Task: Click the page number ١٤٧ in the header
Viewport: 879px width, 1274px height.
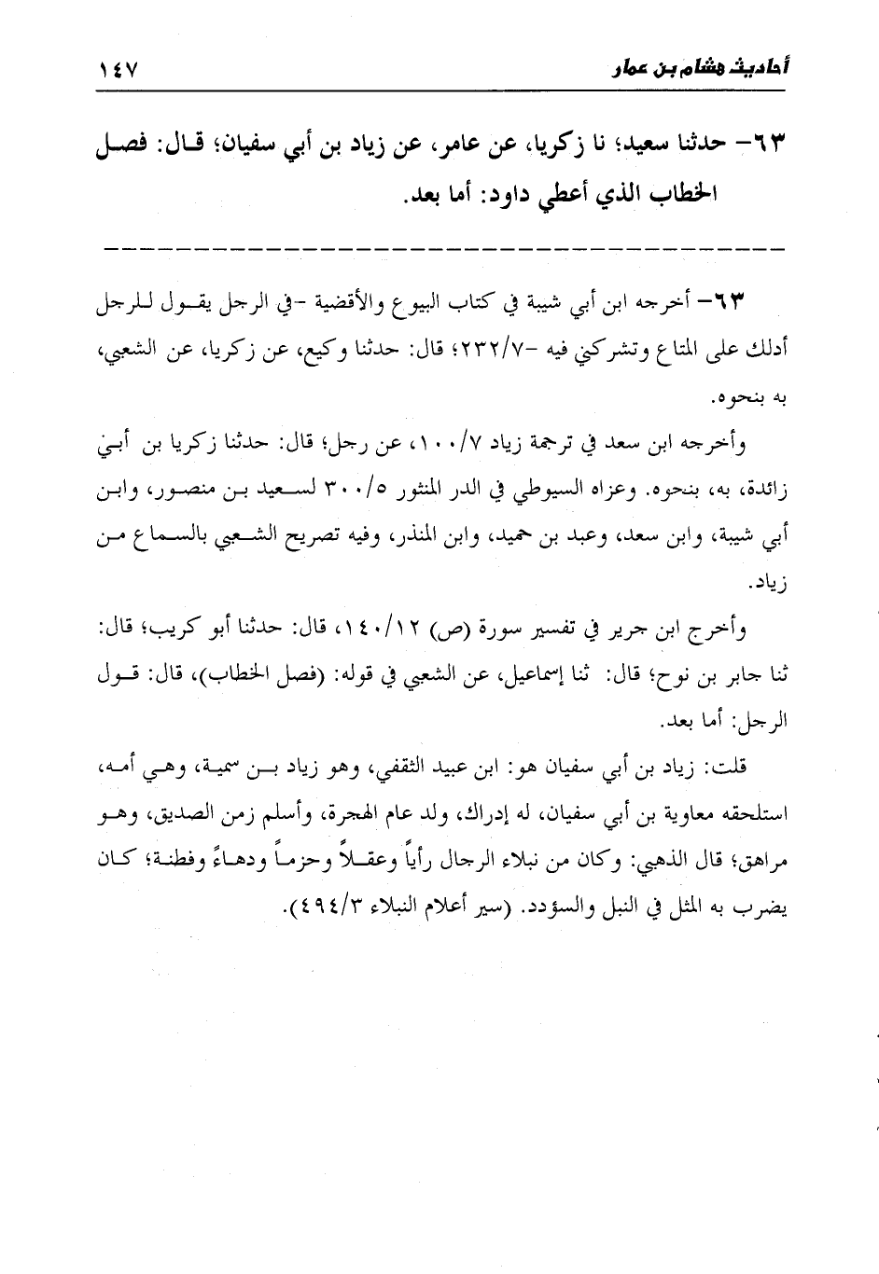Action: pyautogui.click(x=118, y=70)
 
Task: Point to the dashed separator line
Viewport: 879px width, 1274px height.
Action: pyautogui.click(x=442, y=250)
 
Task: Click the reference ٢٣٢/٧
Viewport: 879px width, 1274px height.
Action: pyautogui.click(x=484, y=347)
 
